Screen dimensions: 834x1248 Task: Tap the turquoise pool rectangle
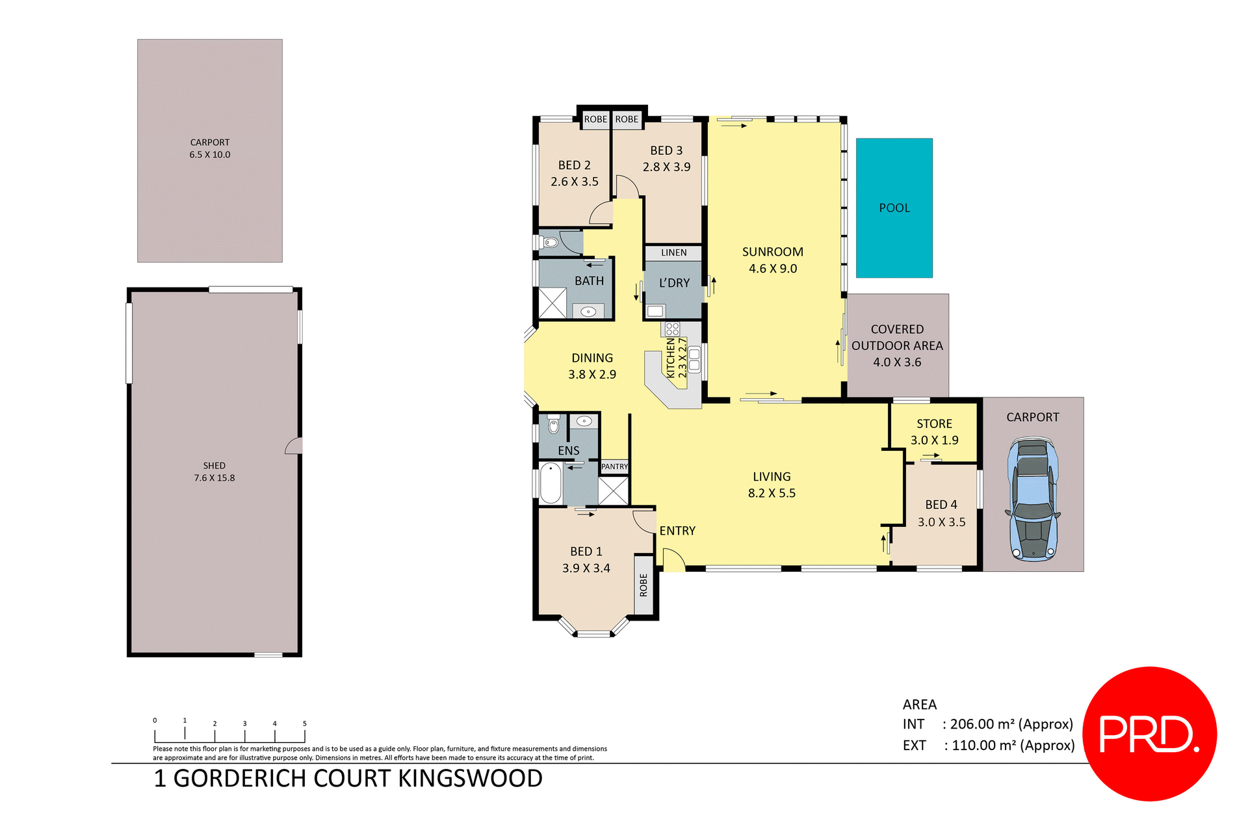pyautogui.click(x=894, y=208)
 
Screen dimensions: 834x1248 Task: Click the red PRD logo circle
pyautogui.click(x=1149, y=733)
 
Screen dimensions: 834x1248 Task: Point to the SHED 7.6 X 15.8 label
pyautogui.click(x=214, y=472)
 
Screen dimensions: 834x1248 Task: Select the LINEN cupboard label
pyautogui.click(x=673, y=252)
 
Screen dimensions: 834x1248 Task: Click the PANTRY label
pyautogui.click(x=614, y=466)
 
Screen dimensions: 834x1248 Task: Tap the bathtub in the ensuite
pyautogui.click(x=551, y=483)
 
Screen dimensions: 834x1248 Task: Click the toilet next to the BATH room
pyautogui.click(x=549, y=243)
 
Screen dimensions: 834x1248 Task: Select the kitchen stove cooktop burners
pyautogui.click(x=672, y=329)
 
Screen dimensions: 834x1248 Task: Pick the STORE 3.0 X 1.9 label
pyautogui.click(x=934, y=432)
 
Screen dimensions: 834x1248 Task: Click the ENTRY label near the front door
pyautogui.click(x=677, y=531)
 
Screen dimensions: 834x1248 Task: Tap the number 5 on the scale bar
pyautogui.click(x=304, y=723)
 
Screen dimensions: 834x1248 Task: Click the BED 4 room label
pyautogui.click(x=941, y=513)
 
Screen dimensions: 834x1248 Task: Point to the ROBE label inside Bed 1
pyautogui.click(x=643, y=584)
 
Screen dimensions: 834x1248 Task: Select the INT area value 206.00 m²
pyautogui.click(x=1011, y=724)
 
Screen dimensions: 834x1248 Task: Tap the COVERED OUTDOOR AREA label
pyautogui.click(x=897, y=345)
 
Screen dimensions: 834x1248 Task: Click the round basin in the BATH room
pyautogui.click(x=588, y=312)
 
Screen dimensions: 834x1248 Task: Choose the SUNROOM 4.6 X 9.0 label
pyautogui.click(x=772, y=260)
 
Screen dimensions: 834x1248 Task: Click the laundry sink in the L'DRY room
pyautogui.click(x=655, y=311)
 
